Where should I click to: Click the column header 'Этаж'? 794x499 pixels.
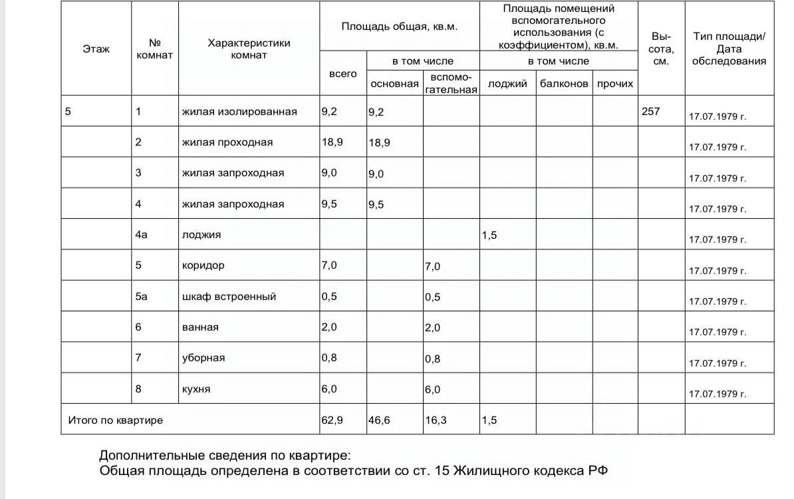click(x=96, y=49)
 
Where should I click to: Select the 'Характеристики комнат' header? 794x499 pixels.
click(x=249, y=49)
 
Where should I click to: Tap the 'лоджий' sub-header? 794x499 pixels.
click(x=507, y=84)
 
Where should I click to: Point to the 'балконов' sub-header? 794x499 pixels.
click(x=564, y=84)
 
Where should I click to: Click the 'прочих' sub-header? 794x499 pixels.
click(x=615, y=84)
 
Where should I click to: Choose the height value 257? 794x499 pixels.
click(x=650, y=111)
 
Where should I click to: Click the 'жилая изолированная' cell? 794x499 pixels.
click(x=239, y=111)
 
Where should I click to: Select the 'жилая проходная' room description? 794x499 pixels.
click(x=227, y=142)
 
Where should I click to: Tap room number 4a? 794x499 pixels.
click(x=141, y=234)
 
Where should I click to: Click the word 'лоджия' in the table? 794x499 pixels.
click(x=201, y=234)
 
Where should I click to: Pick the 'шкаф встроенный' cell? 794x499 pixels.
click(x=229, y=296)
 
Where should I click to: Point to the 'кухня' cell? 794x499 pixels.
click(x=196, y=389)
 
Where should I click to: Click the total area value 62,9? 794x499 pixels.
click(x=331, y=420)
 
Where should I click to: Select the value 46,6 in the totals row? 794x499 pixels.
click(x=379, y=420)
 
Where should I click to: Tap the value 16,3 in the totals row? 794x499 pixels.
click(x=436, y=420)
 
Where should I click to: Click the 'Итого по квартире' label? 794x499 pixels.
click(x=116, y=420)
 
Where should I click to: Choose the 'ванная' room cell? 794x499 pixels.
click(x=200, y=327)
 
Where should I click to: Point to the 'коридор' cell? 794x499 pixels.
click(x=203, y=265)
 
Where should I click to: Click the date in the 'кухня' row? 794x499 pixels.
click(x=718, y=393)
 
